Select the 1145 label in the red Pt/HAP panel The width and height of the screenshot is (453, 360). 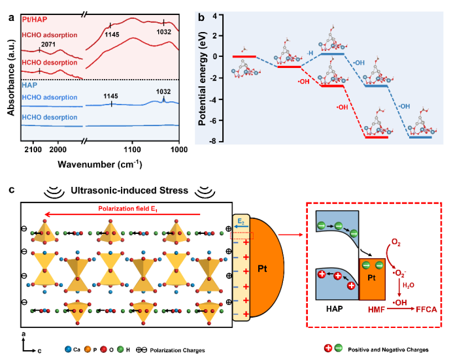pyautogui.click(x=112, y=35)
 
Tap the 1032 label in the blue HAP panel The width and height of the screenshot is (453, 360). pyautogui.click(x=163, y=91)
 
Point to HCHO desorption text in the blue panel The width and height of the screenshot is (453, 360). pyautogui.click(x=49, y=118)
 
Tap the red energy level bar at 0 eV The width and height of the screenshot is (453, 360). pyautogui.click(x=243, y=57)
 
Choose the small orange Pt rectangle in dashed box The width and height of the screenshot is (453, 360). pyautogui.click(x=372, y=279)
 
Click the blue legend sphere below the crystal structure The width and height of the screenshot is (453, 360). pyautogui.click(x=68, y=349)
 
